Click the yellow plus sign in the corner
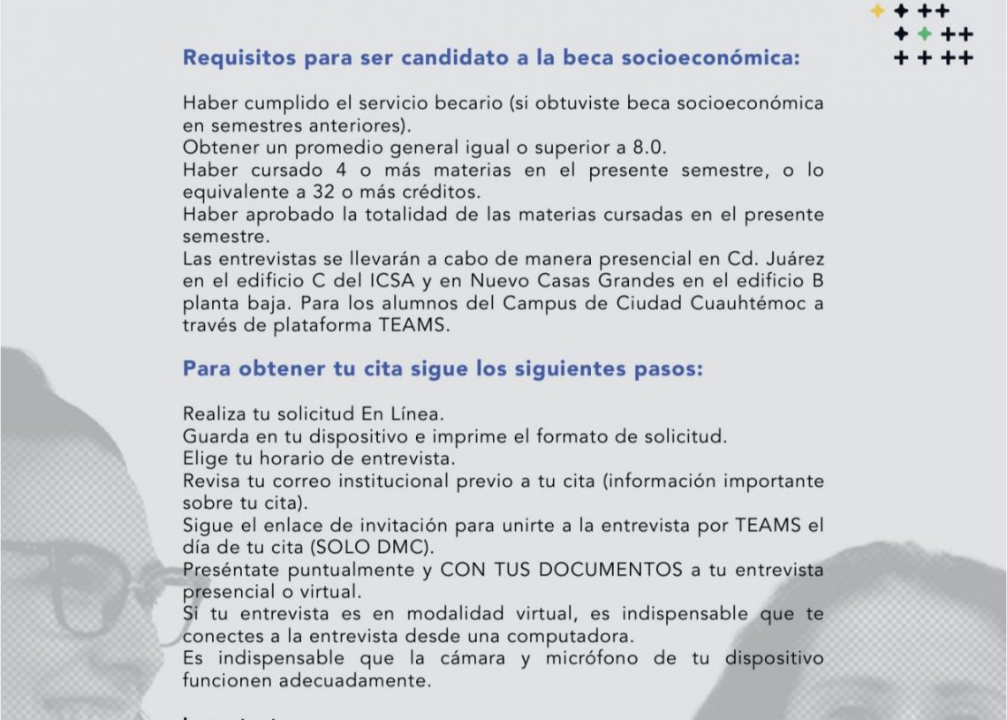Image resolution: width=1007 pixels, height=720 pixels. click(877, 11)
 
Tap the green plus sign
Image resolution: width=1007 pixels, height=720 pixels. click(924, 34)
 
